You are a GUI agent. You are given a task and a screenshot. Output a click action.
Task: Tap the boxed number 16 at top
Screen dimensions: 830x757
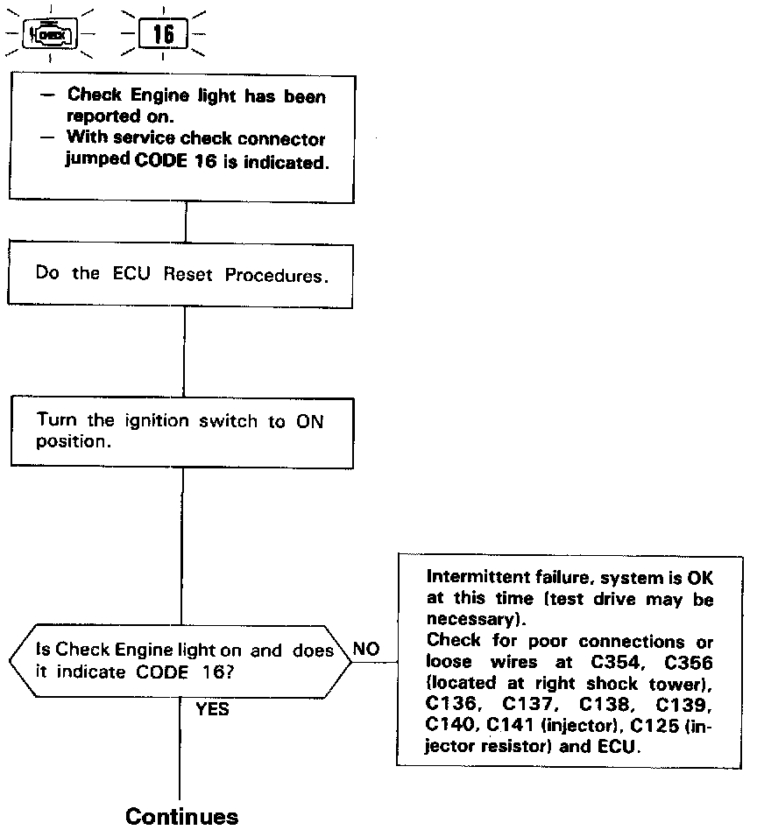163,35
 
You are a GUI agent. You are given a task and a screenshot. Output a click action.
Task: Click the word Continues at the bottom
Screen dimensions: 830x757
181,816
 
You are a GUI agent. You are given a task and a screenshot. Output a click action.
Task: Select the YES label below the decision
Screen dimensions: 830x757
212,709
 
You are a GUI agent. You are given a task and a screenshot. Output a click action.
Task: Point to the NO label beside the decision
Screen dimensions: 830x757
366,649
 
